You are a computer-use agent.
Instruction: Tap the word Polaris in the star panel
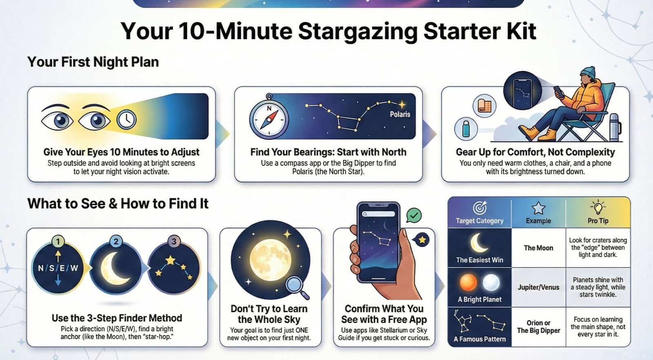tap(400, 114)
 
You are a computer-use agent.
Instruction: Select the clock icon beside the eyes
tap(126, 119)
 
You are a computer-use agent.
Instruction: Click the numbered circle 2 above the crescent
tap(116, 241)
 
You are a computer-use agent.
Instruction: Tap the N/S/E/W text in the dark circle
tap(58, 268)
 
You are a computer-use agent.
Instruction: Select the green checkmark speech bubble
tap(414, 215)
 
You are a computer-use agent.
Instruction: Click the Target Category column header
tap(480, 220)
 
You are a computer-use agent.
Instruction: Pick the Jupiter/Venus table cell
tap(538, 287)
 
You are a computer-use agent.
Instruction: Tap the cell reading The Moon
tap(538, 248)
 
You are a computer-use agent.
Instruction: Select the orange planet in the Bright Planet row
tap(468, 282)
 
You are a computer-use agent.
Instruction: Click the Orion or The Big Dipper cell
tap(538, 327)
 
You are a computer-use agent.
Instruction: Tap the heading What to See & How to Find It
tap(118, 203)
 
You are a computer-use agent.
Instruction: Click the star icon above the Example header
tap(538, 208)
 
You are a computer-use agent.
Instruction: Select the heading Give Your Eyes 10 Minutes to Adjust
tap(121, 152)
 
